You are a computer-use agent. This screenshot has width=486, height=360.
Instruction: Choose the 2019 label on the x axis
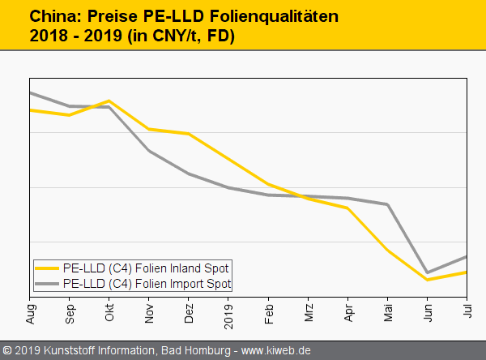pos(228,312)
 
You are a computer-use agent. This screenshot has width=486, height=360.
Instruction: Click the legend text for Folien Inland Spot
pos(146,268)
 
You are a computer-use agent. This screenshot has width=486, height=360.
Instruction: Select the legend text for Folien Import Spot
pos(147,284)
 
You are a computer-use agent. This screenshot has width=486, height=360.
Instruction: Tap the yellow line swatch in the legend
pos(47,268)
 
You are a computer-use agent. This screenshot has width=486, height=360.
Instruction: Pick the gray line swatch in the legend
pos(47,284)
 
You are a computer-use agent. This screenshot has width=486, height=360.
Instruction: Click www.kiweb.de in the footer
pos(276,350)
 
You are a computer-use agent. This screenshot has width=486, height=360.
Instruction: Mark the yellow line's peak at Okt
pos(109,101)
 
